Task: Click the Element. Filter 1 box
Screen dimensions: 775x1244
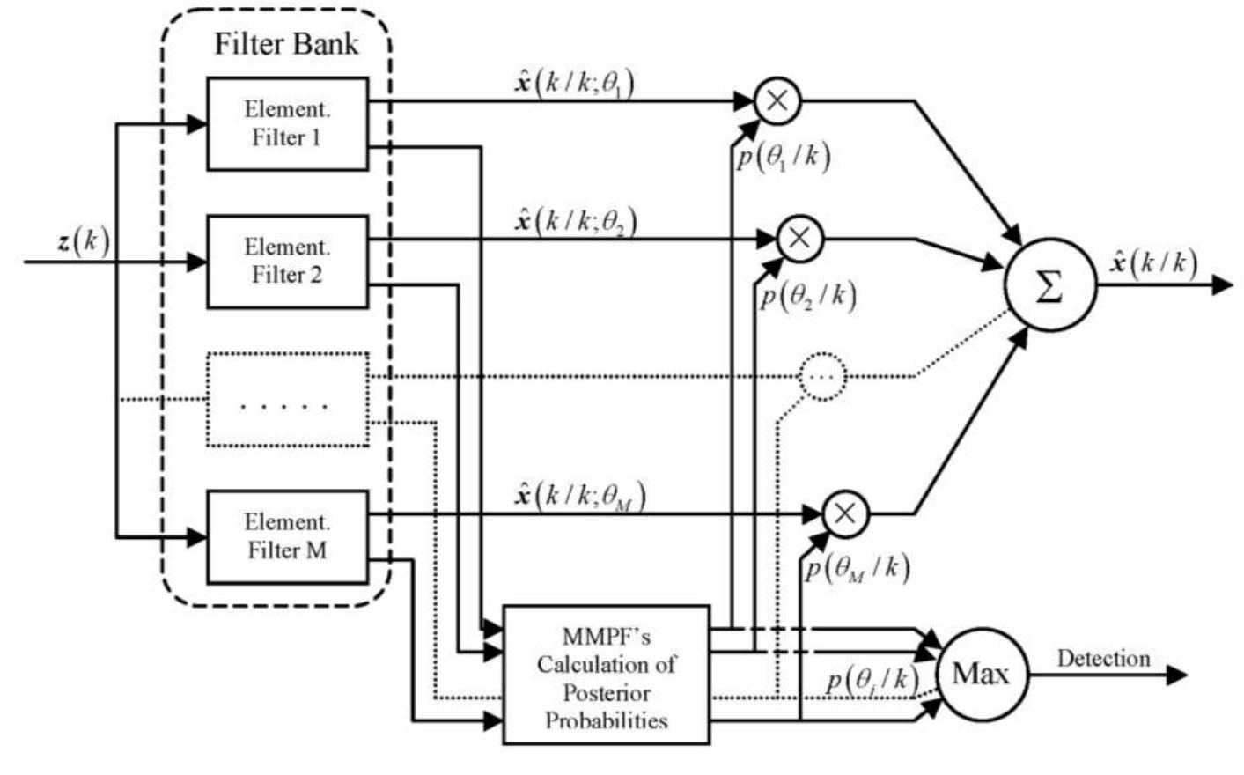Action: tap(287, 123)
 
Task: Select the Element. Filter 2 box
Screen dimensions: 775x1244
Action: tap(287, 261)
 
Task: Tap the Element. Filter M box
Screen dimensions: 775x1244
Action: tap(287, 536)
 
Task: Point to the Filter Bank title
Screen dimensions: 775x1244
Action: tap(286, 44)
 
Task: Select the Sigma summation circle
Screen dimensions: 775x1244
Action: tap(1049, 286)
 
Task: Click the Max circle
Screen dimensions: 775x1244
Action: tap(981, 675)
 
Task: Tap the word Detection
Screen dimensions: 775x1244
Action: tap(1103, 659)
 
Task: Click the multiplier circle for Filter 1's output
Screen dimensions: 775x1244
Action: tap(777, 100)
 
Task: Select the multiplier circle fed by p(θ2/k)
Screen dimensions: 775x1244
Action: tap(799, 238)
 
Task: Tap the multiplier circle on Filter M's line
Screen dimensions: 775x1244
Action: tap(845, 513)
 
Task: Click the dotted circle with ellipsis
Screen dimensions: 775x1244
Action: tap(822, 376)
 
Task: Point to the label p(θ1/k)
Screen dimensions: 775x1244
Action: tap(782, 158)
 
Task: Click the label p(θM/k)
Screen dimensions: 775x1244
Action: tap(857, 568)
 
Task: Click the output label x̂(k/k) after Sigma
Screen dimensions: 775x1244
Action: tap(1154, 262)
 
